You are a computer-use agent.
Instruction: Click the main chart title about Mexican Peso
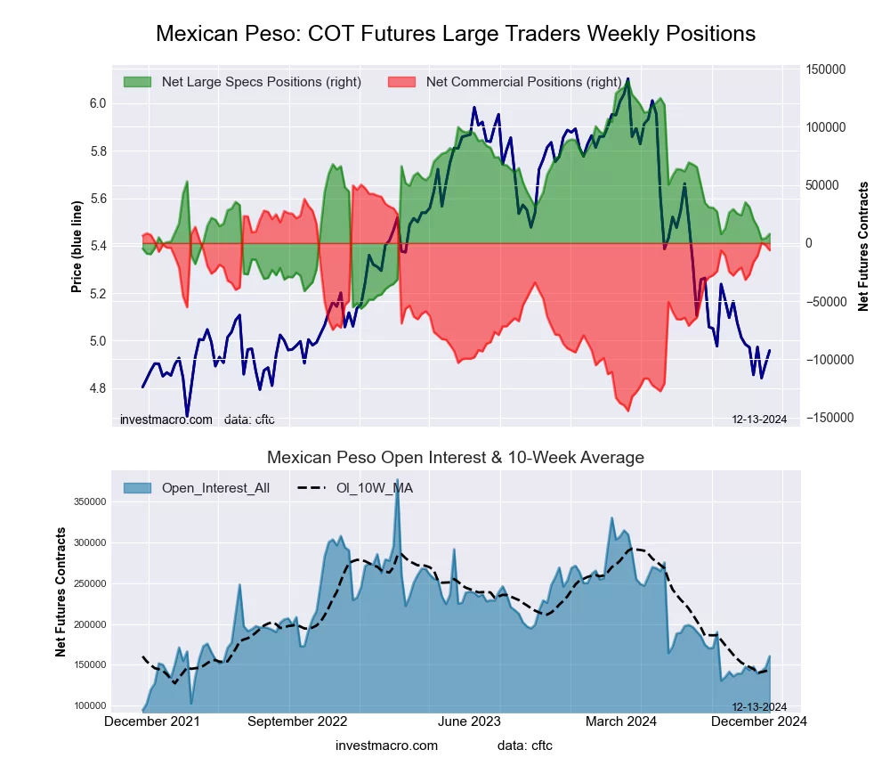pos(456,34)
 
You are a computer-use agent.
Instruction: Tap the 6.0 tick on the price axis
pos(98,104)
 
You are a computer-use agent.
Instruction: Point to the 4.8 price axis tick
pos(98,389)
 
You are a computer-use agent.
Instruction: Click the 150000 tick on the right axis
pos(825,69)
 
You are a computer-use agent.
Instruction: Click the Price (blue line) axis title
pos(77,247)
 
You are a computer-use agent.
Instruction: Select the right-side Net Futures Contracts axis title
pos(863,247)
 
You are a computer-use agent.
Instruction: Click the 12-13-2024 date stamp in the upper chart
pos(759,420)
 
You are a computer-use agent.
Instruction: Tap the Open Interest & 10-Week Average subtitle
pos(456,458)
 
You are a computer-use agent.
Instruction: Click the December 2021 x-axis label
pos(151,721)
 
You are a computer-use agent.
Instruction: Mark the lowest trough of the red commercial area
pos(627,410)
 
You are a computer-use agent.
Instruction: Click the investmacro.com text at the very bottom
pos(386,746)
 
